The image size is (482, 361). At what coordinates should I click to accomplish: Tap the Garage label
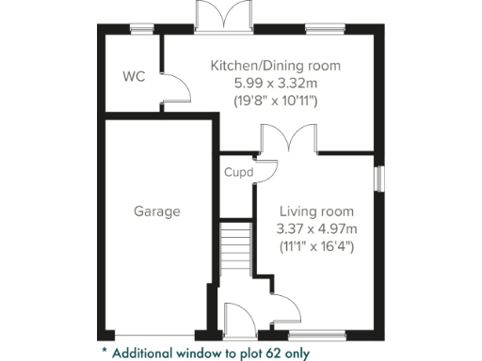pos(156,212)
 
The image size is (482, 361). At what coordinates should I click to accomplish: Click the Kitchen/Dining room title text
pos(275,66)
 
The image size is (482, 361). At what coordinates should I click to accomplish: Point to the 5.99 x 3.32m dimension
pos(275,83)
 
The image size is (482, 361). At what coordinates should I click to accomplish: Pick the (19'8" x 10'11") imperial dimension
pos(275,99)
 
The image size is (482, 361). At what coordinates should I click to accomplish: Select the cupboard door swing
pos(266,169)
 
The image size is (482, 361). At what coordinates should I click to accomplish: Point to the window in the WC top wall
pos(142,29)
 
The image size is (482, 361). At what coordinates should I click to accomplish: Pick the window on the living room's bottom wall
pos(317,335)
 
